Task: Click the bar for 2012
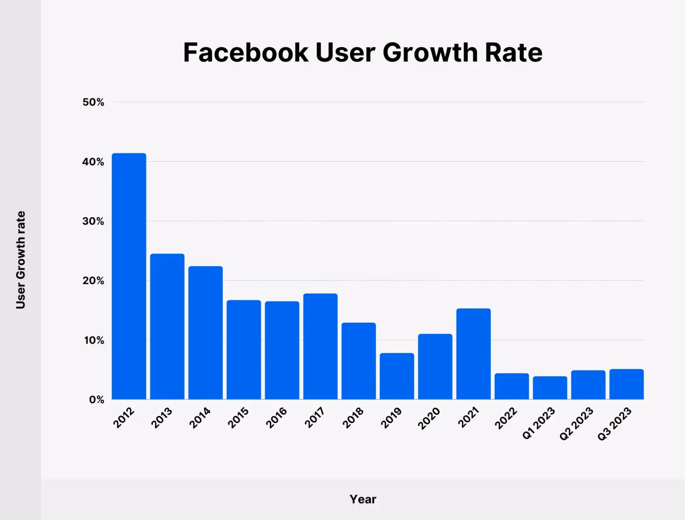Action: coord(129,276)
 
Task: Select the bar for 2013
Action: coord(167,327)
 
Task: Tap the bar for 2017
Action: coord(320,347)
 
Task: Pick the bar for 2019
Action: coord(397,376)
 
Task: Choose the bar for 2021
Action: coord(473,354)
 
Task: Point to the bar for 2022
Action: coord(511,386)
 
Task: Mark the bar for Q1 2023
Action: coord(550,388)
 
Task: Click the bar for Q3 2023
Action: coord(626,384)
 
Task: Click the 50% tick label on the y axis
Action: coord(93,102)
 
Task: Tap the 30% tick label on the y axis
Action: coord(93,221)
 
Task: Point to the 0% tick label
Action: coord(97,400)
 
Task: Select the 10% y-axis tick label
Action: coord(94,340)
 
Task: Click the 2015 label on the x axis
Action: coord(238,418)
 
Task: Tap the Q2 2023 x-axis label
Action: coord(576,424)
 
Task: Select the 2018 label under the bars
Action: coord(352,418)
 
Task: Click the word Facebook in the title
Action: coord(245,52)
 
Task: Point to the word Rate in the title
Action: coord(513,52)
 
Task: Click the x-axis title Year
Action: coord(362,499)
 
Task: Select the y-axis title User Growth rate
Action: coord(20,260)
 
